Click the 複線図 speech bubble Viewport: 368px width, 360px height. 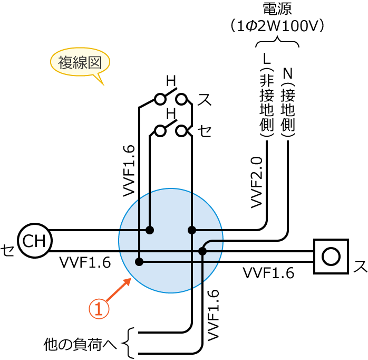click(x=80, y=63)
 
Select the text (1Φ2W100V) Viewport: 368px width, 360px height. click(x=277, y=26)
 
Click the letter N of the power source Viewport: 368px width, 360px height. click(x=288, y=73)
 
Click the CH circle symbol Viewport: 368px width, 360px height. click(x=35, y=241)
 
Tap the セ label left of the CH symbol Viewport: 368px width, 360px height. click(x=7, y=250)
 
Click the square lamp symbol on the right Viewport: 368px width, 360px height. click(x=331, y=257)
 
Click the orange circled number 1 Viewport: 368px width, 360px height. click(x=99, y=309)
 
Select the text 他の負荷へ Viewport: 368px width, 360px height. click(x=80, y=345)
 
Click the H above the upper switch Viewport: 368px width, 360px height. click(x=171, y=81)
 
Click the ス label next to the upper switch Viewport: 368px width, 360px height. click(x=204, y=99)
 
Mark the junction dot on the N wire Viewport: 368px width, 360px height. click(x=203, y=251)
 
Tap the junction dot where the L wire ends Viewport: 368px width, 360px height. click(x=192, y=230)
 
